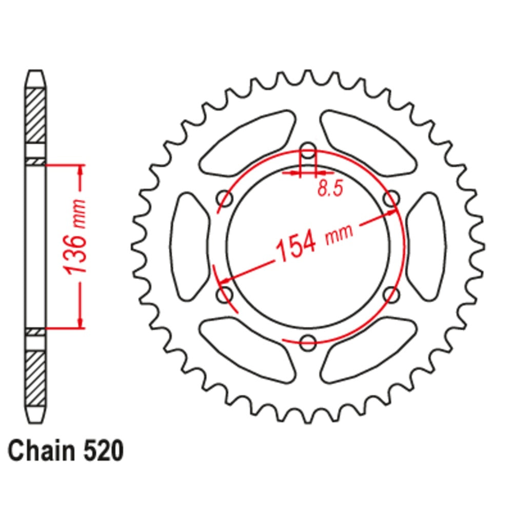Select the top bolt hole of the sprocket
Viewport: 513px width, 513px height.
pyautogui.click(x=308, y=151)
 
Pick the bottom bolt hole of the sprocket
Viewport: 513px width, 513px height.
pyautogui.click(x=308, y=343)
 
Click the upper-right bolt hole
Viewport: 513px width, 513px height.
pyautogui.click(x=391, y=199)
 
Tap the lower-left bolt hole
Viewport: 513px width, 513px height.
pyautogui.click(x=225, y=294)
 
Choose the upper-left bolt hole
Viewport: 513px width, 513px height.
pyautogui.click(x=225, y=199)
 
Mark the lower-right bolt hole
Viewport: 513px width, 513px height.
pyautogui.click(x=391, y=294)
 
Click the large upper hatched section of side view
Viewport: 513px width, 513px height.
pyautogui.click(x=35, y=115)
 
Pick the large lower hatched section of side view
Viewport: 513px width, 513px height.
pyautogui.click(x=35, y=377)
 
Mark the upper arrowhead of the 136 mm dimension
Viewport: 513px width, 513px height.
pyautogui.click(x=80, y=171)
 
